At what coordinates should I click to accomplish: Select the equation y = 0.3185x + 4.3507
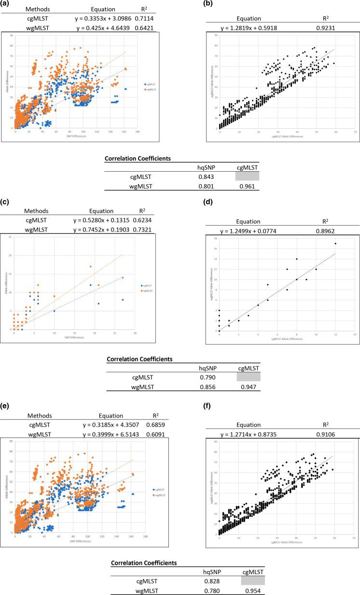[x=115, y=431]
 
